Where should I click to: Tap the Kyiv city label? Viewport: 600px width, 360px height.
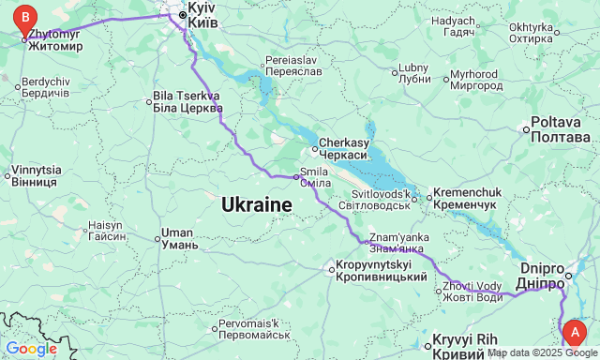pos(202,14)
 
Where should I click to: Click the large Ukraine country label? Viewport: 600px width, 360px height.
pos(257,204)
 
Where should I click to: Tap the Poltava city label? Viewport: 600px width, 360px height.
pos(561,130)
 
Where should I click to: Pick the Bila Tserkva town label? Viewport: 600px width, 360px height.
pos(187,101)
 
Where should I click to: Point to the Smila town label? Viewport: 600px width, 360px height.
pos(315,177)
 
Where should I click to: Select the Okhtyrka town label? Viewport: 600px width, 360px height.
pos(531,33)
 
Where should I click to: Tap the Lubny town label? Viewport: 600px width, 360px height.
pos(413,73)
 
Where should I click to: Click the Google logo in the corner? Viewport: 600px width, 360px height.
pos(31,349)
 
